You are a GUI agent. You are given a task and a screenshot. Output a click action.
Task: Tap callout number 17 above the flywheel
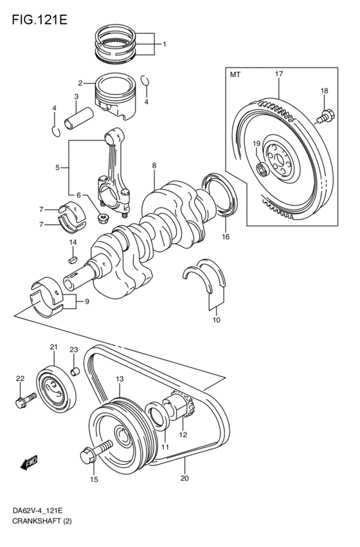pos(279,75)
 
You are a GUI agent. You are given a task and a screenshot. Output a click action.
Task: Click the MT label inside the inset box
pos(235,75)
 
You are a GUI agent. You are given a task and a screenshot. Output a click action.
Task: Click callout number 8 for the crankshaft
pos(154,166)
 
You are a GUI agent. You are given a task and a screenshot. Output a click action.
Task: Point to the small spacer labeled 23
pos(74,370)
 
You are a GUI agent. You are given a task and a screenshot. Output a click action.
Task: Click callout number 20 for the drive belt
pos(184,478)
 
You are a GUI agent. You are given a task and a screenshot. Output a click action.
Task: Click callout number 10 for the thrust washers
pos(217,319)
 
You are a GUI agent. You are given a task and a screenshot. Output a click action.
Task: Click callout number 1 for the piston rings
pos(164,44)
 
